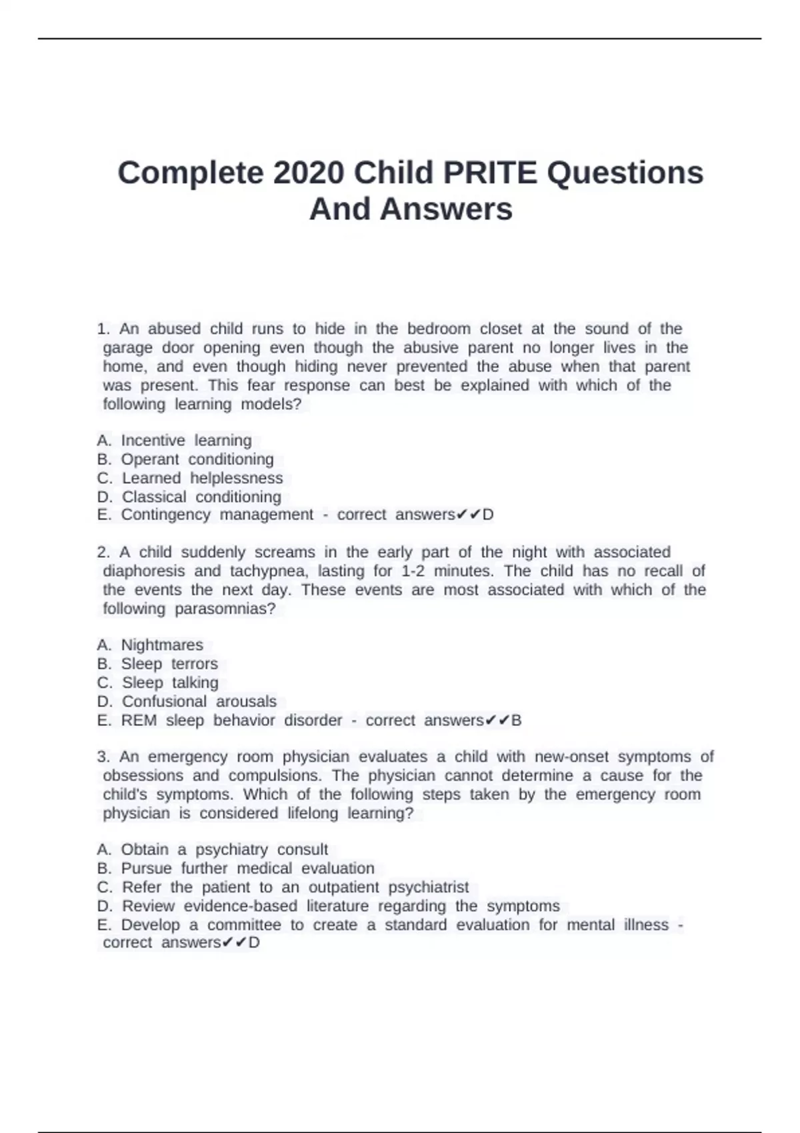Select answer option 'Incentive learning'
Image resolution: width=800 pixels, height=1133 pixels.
[186, 441]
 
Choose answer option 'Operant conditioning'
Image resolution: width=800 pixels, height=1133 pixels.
[197, 459]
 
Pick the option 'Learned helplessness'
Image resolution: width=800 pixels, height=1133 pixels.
[202, 478]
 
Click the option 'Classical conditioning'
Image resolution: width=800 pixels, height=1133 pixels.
[201, 497]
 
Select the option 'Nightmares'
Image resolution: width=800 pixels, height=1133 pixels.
[162, 644]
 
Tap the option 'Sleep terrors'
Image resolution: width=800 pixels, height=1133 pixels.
[169, 664]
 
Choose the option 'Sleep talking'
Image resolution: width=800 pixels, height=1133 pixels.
[170, 682]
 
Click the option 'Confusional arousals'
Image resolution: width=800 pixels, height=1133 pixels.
[199, 701]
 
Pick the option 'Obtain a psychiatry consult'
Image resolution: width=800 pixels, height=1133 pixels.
[224, 849]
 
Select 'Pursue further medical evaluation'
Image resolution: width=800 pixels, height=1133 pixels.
[247, 868]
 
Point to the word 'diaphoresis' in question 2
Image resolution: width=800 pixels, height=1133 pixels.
[143, 571]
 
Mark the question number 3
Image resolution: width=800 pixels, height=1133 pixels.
[103, 757]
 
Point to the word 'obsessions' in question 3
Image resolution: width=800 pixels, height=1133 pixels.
[143, 776]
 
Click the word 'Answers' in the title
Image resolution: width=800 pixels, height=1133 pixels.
[446, 209]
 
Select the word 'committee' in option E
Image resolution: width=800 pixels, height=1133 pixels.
[244, 925]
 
